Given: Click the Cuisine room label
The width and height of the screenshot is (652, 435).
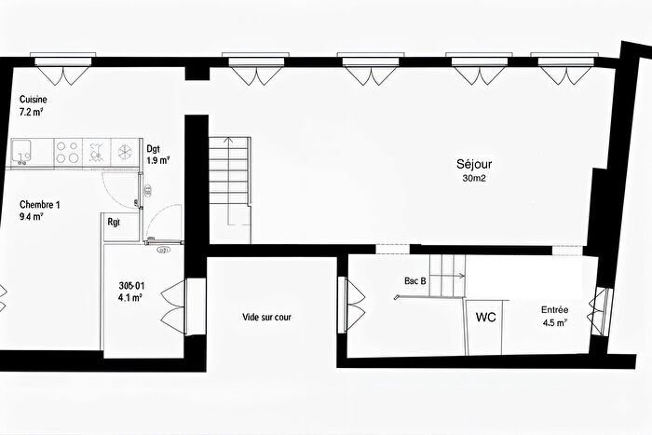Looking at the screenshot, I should click(34, 100).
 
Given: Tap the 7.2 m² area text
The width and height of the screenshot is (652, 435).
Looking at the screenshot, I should click(32, 113).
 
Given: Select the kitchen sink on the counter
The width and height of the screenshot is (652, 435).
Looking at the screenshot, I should click(23, 151).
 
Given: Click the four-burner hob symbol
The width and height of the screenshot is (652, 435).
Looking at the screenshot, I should click(67, 152).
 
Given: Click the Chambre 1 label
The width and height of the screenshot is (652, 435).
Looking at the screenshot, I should click(39, 205).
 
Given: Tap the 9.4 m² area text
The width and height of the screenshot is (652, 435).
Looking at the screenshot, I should click(33, 217).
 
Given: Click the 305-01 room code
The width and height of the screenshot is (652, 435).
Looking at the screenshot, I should click(130, 286).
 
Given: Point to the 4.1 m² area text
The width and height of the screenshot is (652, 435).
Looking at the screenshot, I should click(129, 298).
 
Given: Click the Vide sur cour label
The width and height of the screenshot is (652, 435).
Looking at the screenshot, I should click(267, 318).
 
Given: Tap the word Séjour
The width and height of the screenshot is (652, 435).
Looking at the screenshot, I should click(475, 164).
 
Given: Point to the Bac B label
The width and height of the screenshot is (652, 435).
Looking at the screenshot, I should click(415, 279).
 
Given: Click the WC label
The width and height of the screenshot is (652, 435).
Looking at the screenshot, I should click(485, 317).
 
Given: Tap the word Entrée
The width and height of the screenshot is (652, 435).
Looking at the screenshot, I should click(555, 310).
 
